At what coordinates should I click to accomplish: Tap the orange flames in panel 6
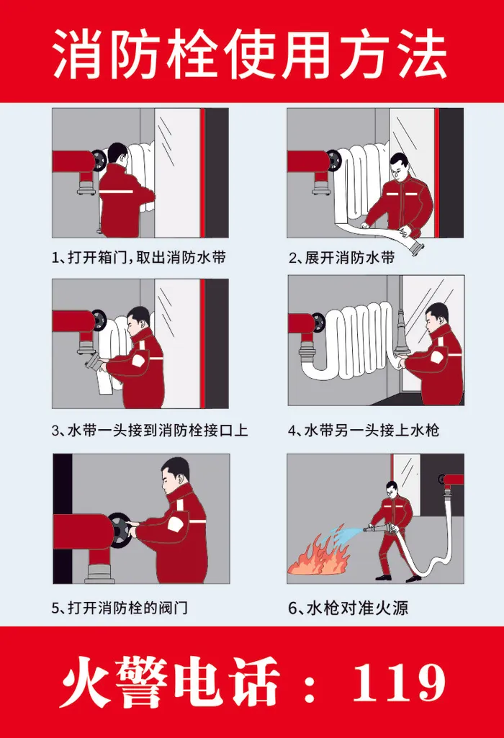tap(320, 555)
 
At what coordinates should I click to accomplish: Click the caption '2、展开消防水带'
tap(341, 258)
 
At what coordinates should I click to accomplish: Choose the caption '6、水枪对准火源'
tap(348, 608)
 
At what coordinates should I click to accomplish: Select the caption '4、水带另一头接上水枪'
tap(364, 430)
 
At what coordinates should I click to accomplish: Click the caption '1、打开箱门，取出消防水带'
tap(139, 258)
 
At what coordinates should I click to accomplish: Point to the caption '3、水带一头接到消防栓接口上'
tap(150, 430)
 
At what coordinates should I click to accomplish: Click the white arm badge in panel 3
tap(138, 359)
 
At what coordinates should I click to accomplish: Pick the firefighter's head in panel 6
tap(392, 490)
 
